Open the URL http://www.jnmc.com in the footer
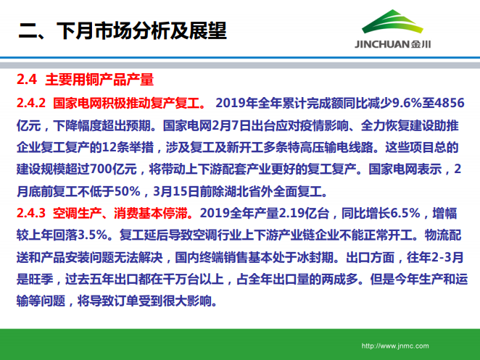[x=394, y=346]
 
